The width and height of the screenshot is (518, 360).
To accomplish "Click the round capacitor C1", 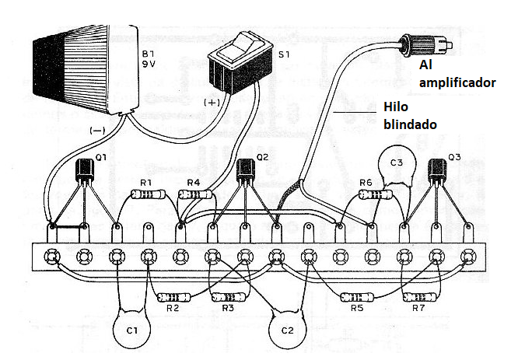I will click(x=131, y=329).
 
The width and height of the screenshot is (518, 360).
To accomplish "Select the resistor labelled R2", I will click(x=173, y=297).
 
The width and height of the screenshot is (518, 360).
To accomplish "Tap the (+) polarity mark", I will click(x=212, y=102).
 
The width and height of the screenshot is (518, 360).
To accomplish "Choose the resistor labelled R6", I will click(x=369, y=197).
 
